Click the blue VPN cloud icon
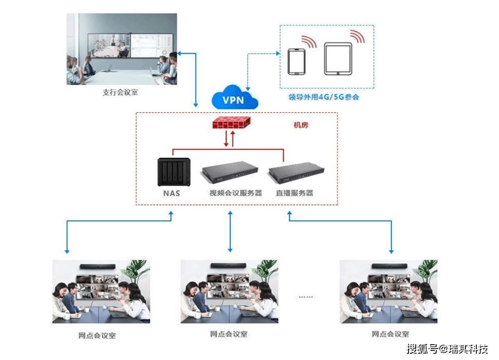[x=234, y=97]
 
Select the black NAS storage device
[x=171, y=172]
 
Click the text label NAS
[x=171, y=193]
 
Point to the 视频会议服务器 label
[x=235, y=193]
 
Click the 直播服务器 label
[x=295, y=193]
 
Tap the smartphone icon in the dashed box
[x=297, y=62]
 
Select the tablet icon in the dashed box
[x=337, y=59]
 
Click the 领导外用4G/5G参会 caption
[x=324, y=97]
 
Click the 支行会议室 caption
[x=120, y=92]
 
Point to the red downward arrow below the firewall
[x=227, y=139]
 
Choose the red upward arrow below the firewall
[x=233, y=139]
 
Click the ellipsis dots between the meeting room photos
[x=306, y=297]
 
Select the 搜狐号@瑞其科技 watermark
[x=447, y=349]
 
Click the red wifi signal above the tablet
[x=357, y=36]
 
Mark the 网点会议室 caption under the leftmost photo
[x=97, y=336]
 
